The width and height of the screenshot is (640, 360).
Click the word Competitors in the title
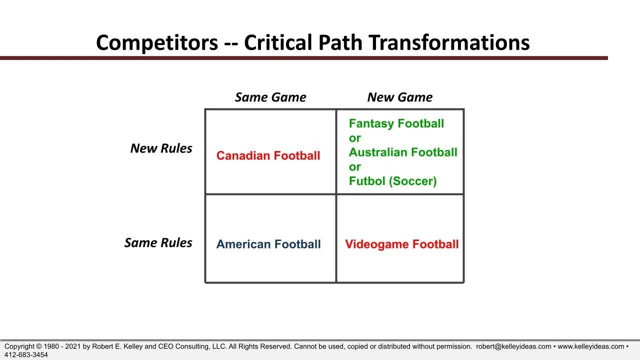[157, 43]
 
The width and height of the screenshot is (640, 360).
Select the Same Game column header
[270, 97]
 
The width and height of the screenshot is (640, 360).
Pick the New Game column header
[399, 97]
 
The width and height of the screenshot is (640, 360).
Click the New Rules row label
[161, 148]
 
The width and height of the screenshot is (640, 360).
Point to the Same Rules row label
[158, 242]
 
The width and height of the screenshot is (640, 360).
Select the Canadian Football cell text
[268, 155]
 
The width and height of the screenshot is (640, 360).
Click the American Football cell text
[268, 244]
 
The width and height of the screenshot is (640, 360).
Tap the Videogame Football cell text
[401, 244]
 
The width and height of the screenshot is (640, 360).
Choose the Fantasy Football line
[396, 123]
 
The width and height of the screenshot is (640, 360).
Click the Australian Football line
[403, 152]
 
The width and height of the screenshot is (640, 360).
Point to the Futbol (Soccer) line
[393, 181]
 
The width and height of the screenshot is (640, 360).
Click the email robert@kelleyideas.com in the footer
[513, 346]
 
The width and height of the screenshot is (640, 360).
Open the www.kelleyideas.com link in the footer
[591, 346]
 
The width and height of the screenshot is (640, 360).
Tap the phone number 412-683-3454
[26, 355]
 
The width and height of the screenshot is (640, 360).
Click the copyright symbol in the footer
[39, 346]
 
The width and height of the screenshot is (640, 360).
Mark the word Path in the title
[340, 43]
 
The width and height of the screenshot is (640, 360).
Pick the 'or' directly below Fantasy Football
[355, 138]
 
